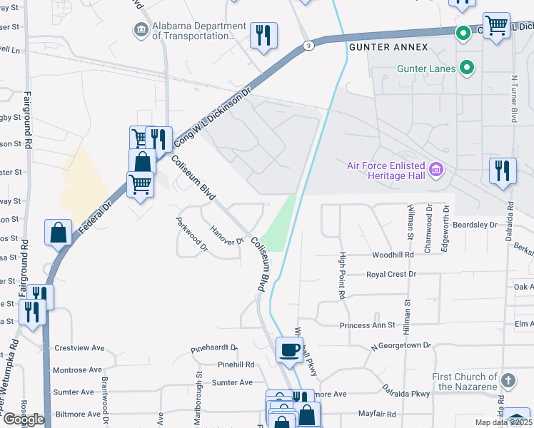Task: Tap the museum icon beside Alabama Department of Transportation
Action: [x=141, y=29]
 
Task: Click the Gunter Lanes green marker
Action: [x=467, y=68]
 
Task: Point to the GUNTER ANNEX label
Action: [x=388, y=47]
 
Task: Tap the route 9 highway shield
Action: [x=307, y=45]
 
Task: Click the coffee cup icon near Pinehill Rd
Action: [x=289, y=350]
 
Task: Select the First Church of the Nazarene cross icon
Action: [x=508, y=380]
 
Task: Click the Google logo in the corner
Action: [x=24, y=419]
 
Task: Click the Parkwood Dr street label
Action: [x=191, y=236]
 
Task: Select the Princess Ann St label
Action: [x=367, y=325]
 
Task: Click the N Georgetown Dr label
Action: [x=400, y=345]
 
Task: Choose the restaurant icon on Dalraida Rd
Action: [x=503, y=171]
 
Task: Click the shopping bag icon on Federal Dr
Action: [x=58, y=233]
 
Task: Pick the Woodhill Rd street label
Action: [x=393, y=255]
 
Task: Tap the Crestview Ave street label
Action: [x=79, y=349]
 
